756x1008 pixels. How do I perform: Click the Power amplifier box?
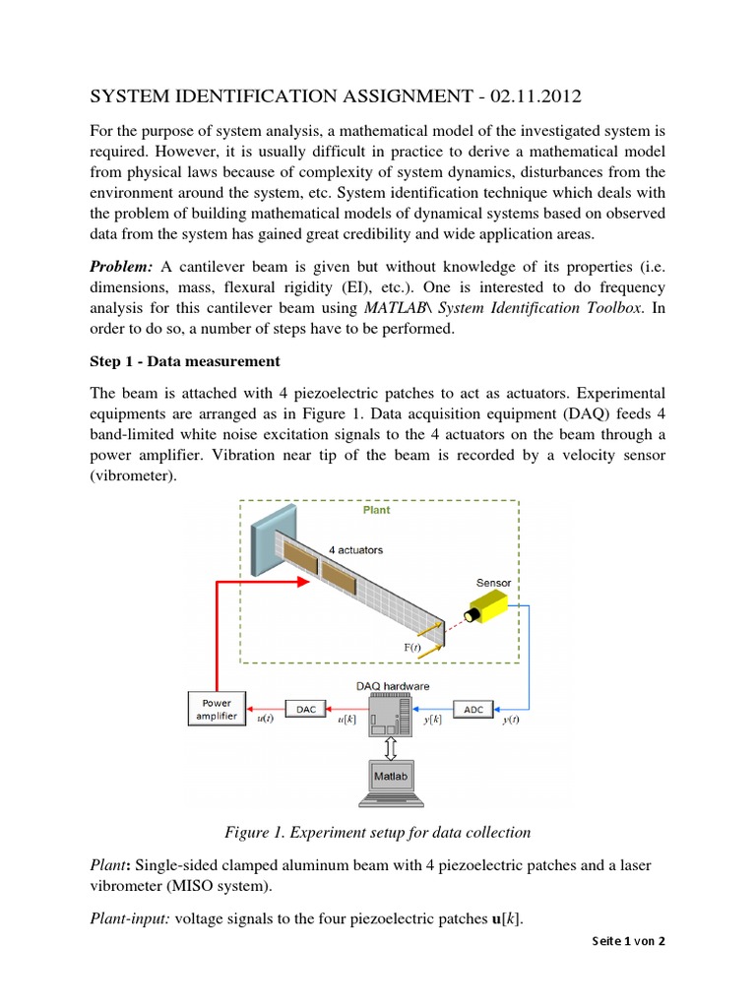[x=217, y=710]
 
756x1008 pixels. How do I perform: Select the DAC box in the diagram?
[x=306, y=709]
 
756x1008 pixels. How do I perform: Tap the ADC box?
[x=473, y=709]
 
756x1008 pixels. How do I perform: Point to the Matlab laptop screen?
[x=389, y=777]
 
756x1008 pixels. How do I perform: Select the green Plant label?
[x=376, y=510]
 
